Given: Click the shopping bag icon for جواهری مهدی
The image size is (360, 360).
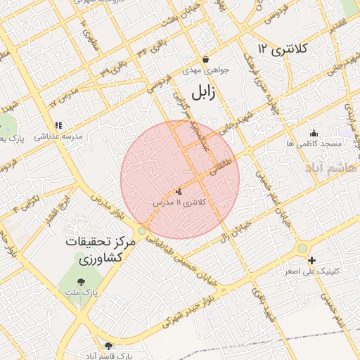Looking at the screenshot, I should click(205, 59).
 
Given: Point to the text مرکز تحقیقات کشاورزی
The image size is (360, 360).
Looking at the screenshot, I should click(99, 250).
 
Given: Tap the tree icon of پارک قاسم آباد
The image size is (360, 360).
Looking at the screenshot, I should click(108, 345).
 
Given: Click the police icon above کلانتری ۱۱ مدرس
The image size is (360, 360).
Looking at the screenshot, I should click(179, 191).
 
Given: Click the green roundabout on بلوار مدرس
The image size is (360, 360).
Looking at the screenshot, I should click(142, 231).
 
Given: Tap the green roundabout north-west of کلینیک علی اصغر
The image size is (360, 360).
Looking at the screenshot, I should click(302, 247).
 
